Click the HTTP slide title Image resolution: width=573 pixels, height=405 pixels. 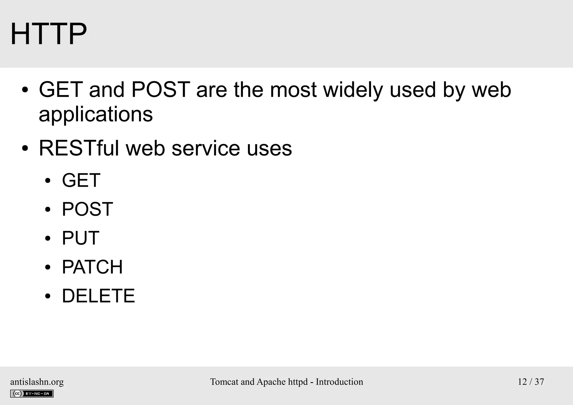point(48,34)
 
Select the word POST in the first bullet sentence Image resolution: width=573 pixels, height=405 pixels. point(160,90)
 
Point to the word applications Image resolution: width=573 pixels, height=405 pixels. point(96,114)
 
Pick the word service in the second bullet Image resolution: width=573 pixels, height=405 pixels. point(206,148)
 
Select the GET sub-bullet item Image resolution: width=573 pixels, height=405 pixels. point(81,180)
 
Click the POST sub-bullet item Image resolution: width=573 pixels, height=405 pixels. point(87,209)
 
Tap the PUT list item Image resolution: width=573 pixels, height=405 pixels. point(80,238)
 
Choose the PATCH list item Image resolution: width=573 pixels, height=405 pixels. point(92,267)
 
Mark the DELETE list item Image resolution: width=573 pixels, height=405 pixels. point(98,296)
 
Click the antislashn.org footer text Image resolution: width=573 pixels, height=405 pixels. point(37,382)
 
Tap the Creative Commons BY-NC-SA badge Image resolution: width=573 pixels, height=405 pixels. point(32,394)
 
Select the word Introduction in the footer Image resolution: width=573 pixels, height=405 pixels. point(339,382)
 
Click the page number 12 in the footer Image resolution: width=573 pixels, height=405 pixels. point(522,382)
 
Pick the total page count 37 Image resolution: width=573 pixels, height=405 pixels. point(539,382)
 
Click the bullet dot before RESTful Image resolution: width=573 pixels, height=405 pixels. point(25,149)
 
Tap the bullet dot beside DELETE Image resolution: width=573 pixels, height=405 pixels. point(48,296)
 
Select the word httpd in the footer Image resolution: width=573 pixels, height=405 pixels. point(298,382)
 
